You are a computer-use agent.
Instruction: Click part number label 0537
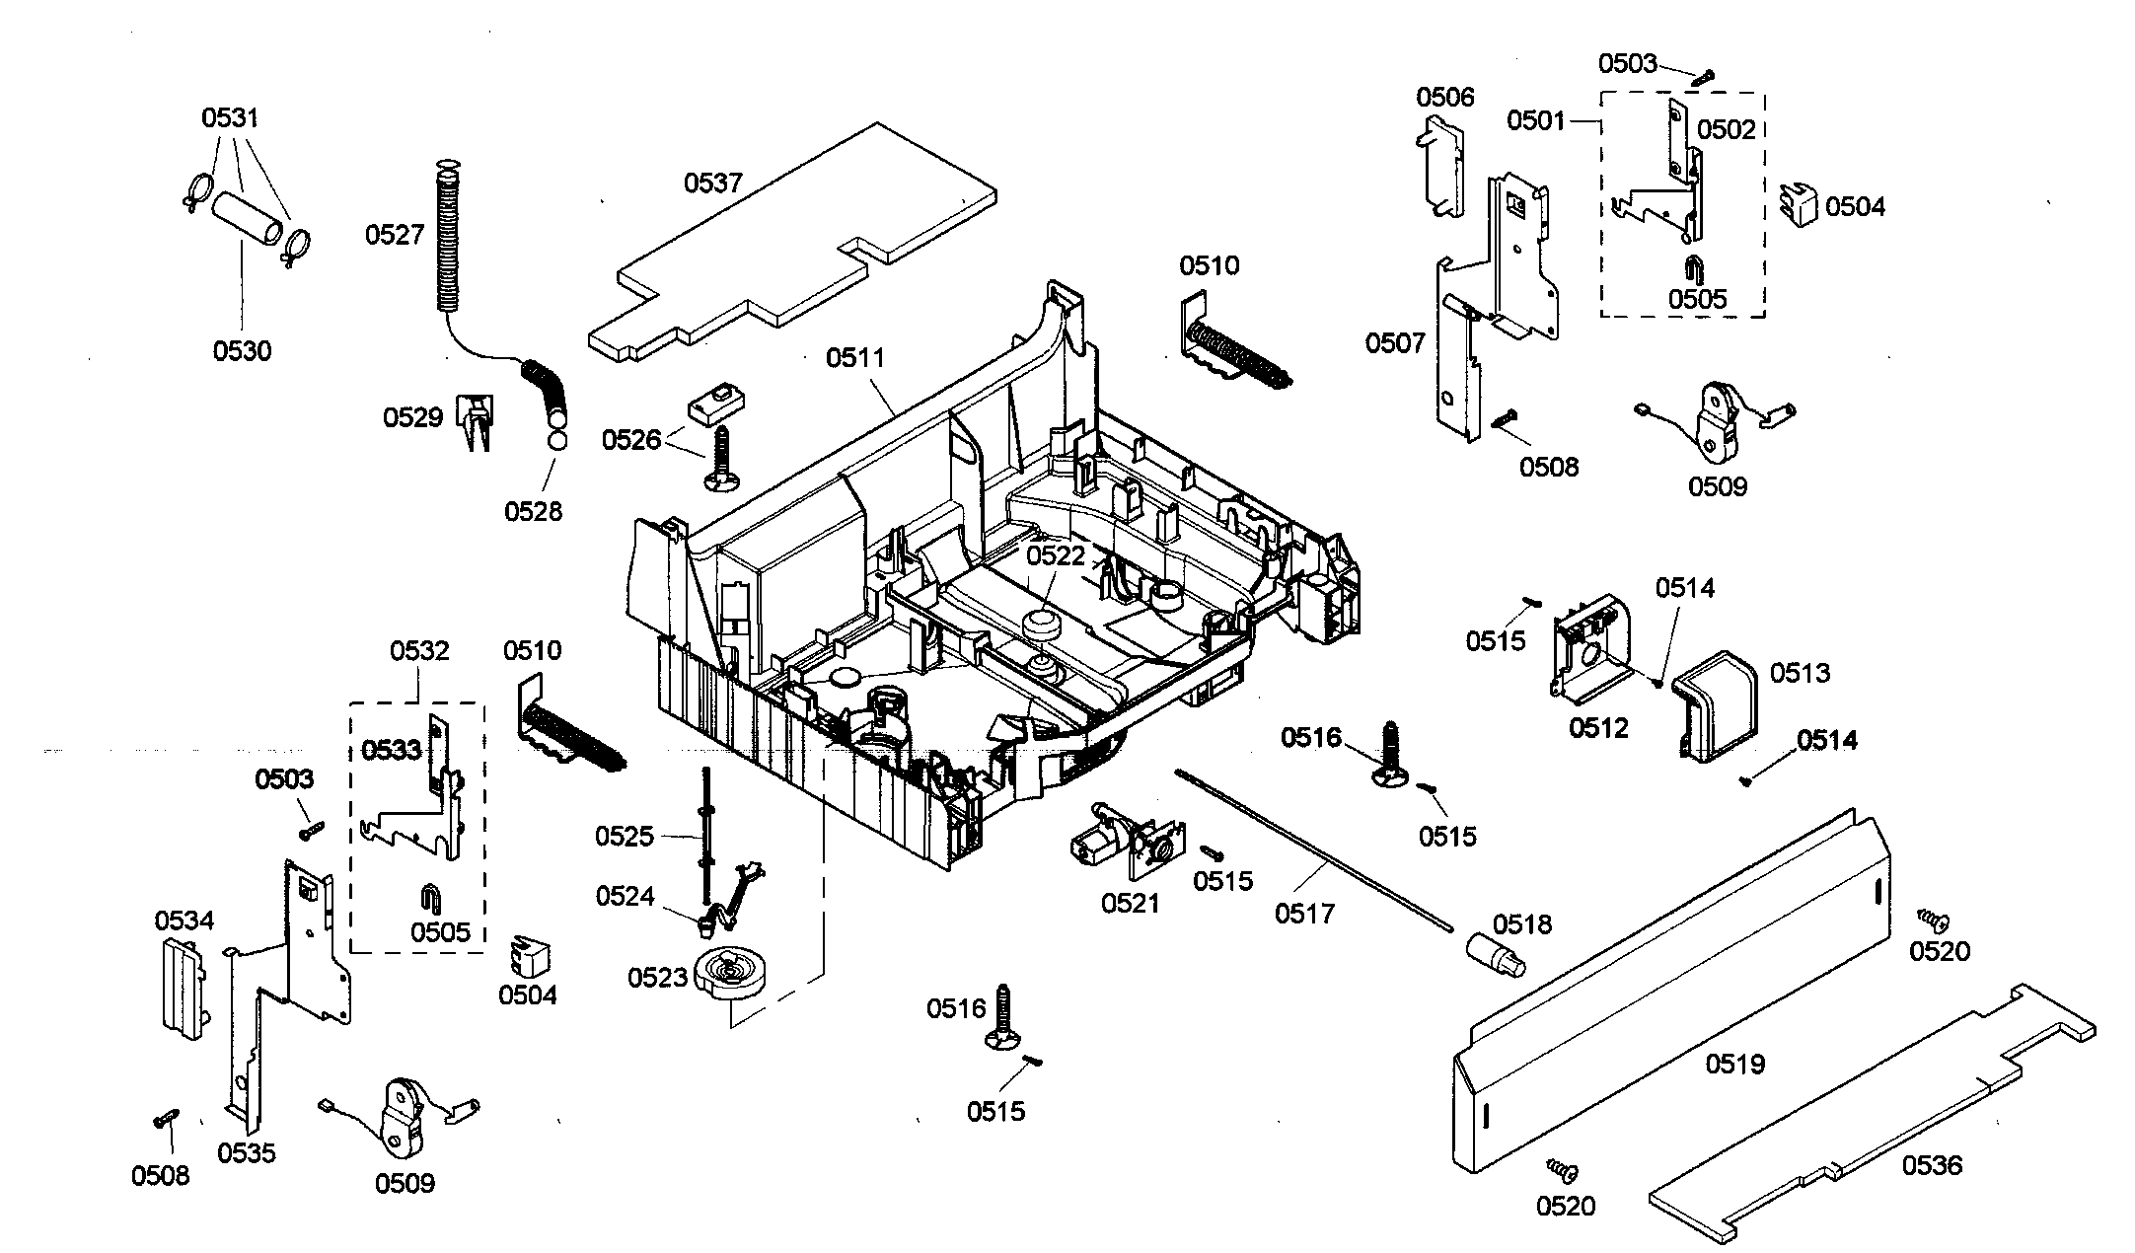click(713, 183)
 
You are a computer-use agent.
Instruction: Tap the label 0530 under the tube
click(243, 350)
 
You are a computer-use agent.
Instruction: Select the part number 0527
click(395, 234)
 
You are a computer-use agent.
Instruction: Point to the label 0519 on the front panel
click(1735, 1064)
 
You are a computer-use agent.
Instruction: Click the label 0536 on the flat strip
click(1933, 1165)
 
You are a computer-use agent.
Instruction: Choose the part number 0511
click(855, 357)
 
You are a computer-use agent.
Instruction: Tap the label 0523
click(657, 978)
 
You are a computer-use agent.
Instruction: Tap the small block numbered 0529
click(476, 421)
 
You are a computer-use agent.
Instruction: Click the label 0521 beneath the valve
click(1131, 903)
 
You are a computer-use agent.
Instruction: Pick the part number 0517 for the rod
click(1304, 914)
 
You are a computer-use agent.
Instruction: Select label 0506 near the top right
click(1445, 97)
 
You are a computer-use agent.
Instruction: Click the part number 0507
click(1395, 343)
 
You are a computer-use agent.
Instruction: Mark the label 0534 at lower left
click(184, 921)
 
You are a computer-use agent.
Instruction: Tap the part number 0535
click(247, 1153)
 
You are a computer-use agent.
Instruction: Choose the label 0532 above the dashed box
click(419, 651)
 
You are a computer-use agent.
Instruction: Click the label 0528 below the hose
click(533, 511)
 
